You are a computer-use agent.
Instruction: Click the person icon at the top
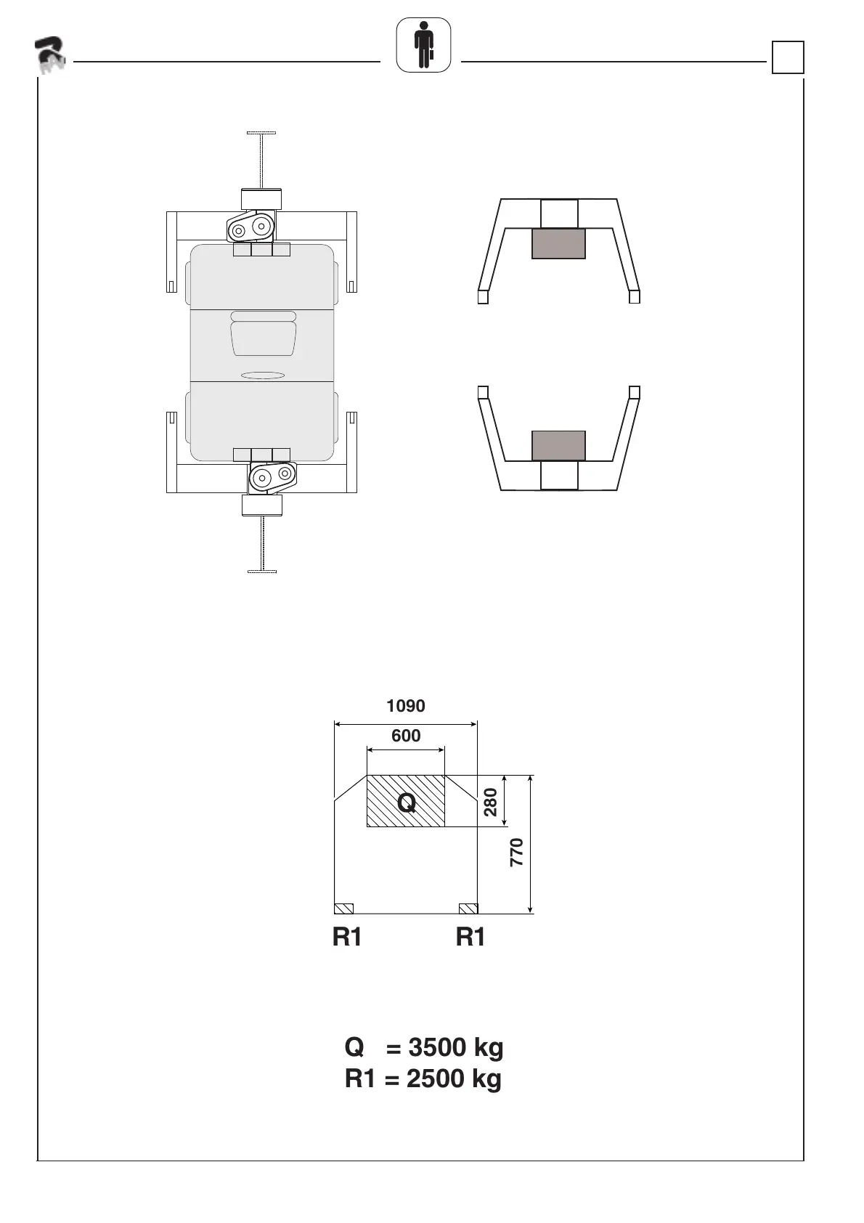click(423, 45)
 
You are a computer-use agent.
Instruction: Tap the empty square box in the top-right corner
click(788, 57)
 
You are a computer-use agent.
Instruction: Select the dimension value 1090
click(406, 706)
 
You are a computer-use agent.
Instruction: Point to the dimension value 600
click(406, 736)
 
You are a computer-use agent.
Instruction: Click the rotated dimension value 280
click(491, 802)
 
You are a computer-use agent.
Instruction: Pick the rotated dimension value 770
click(516, 853)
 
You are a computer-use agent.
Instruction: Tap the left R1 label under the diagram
click(347, 937)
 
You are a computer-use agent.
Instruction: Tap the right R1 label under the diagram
click(470, 937)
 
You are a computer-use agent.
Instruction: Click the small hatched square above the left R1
click(344, 909)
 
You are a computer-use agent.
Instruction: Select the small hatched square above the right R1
click(468, 909)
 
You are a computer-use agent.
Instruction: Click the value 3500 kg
click(456, 1048)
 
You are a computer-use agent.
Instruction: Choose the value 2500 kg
click(454, 1079)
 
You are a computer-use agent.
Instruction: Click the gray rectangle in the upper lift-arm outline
click(558, 243)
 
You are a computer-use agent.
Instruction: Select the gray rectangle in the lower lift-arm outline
click(558, 445)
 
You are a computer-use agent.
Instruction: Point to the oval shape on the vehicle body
click(263, 375)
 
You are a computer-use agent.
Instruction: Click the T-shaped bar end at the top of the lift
click(261, 133)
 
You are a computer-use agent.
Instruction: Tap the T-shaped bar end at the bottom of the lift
click(262, 572)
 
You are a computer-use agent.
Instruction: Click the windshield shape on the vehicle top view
click(264, 338)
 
